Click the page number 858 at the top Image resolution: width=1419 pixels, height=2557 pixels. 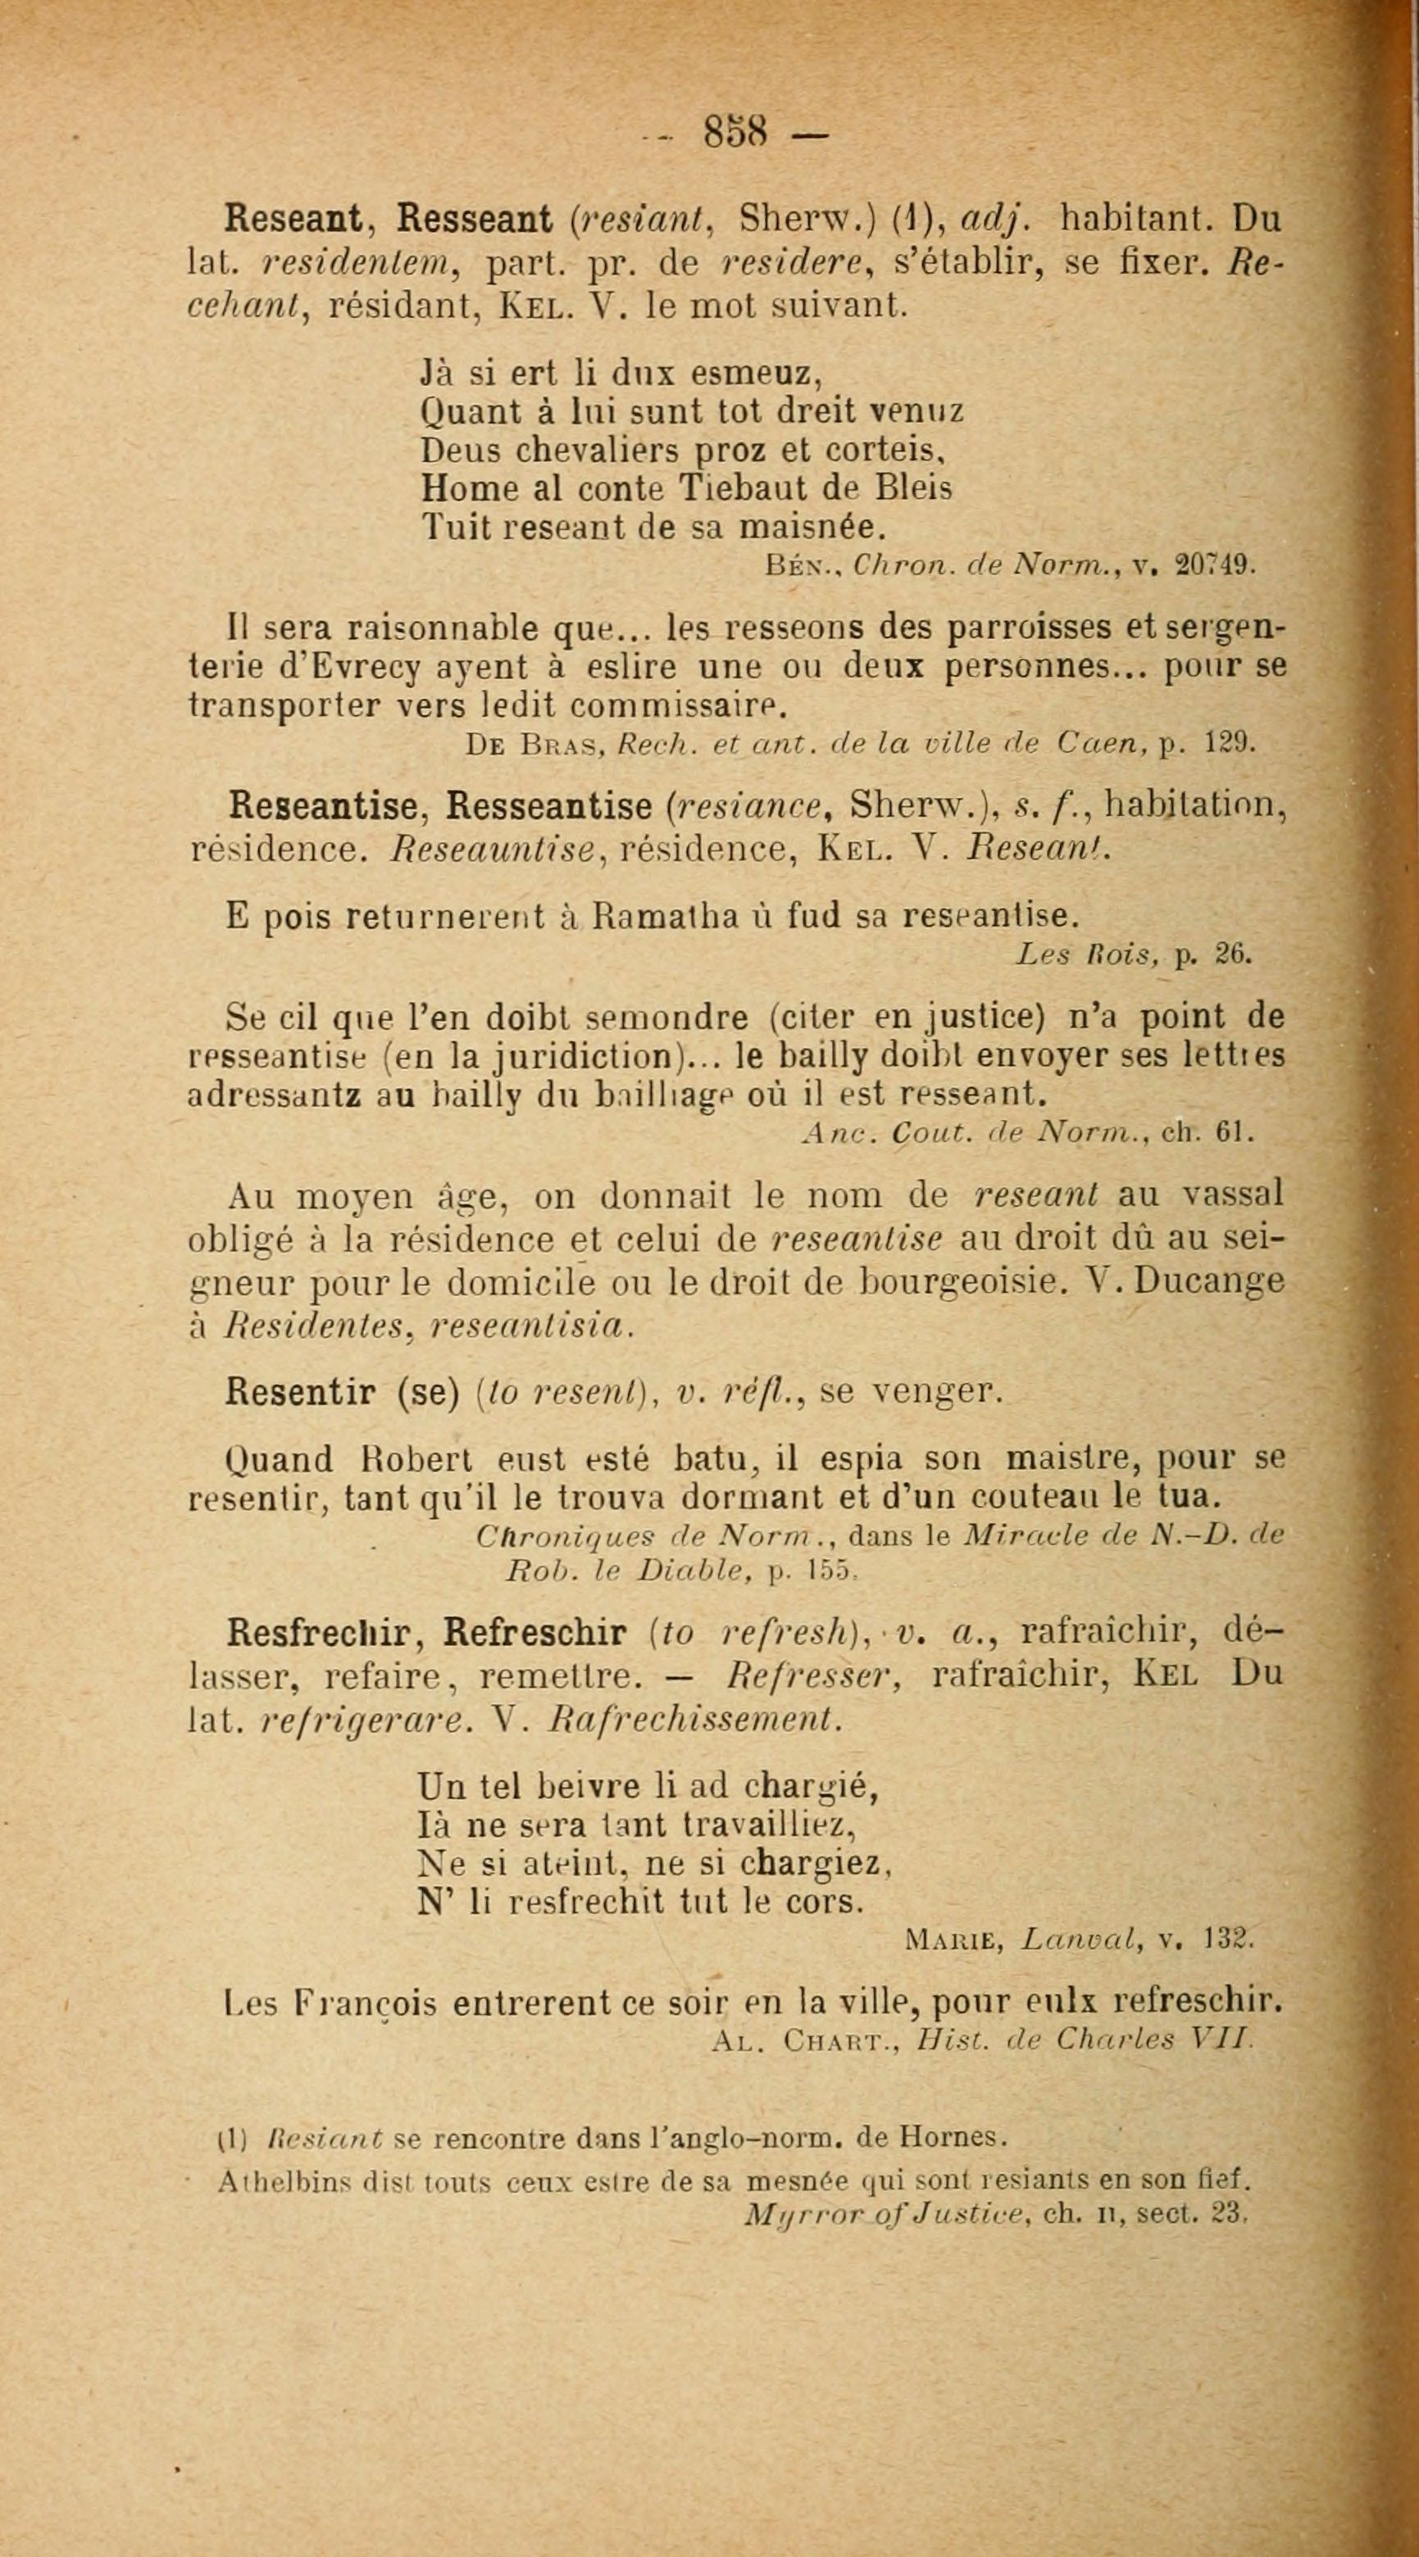pos(736,132)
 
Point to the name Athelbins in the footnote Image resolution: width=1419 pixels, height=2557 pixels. pos(280,2181)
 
